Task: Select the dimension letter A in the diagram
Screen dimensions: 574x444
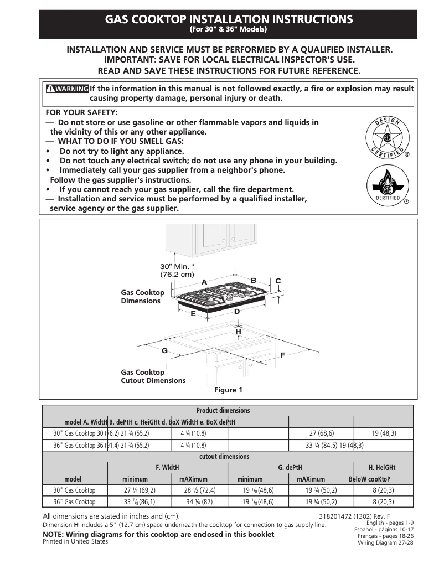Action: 204,282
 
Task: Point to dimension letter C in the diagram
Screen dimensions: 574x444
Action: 278,281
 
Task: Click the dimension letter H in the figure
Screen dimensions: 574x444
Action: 238,332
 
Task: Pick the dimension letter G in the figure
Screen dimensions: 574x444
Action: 164,351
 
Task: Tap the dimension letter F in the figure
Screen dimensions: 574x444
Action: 282,354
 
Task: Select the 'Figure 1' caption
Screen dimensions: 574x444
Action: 228,390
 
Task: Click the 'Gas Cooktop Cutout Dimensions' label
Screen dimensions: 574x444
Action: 153,376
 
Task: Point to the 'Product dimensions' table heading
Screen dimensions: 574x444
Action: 223,411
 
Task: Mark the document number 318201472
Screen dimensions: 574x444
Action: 338,516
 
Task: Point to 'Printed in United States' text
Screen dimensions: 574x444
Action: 75,542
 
